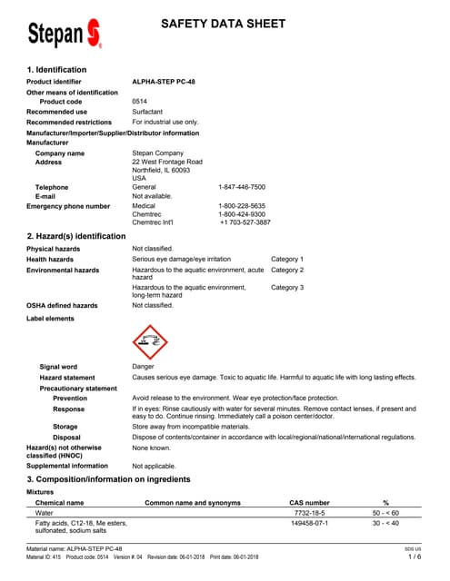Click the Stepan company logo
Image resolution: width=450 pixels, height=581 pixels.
tap(64, 34)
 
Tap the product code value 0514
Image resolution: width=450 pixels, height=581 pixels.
tap(140, 102)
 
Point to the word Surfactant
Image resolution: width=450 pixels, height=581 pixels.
tap(149, 112)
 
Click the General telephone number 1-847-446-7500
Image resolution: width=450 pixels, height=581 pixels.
tap(242, 187)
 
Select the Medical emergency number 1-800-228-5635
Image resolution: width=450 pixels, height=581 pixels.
tap(242, 206)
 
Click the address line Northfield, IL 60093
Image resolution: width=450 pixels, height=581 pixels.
tap(161, 170)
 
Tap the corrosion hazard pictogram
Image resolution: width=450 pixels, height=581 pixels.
tap(150, 342)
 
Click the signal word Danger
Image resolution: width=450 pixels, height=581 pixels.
tap(144, 367)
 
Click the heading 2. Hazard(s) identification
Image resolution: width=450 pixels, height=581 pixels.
tap(76, 236)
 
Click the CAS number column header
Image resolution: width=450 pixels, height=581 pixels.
tap(309, 502)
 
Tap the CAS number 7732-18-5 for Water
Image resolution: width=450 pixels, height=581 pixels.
tap(309, 513)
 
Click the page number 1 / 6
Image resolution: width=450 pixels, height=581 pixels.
tap(415, 557)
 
